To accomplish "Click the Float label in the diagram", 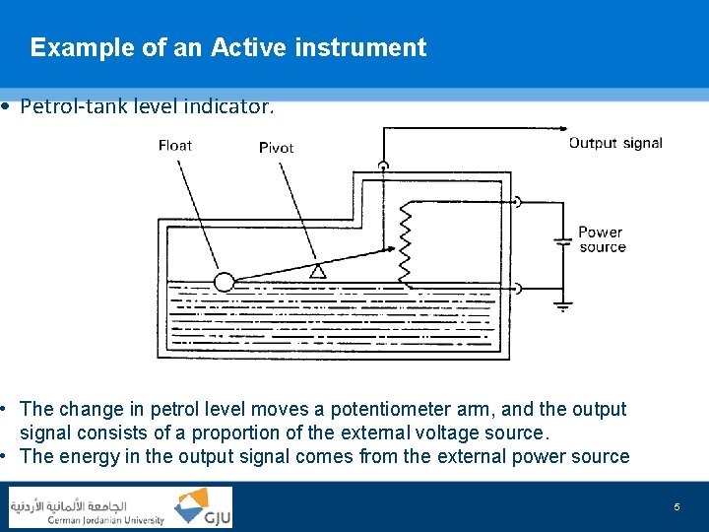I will coord(175,146).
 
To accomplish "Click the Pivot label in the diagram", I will coord(276,148).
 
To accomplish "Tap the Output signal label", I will coord(615,143).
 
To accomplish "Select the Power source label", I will coord(602,239).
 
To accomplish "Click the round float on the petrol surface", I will coord(225,282).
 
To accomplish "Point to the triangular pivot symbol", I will coord(316,271).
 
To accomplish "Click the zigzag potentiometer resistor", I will coord(404,242).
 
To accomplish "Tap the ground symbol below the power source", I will coord(562,306).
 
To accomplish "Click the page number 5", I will coord(677,506).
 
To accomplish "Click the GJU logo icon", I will coord(203,507).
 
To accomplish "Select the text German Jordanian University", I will coord(106,520).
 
